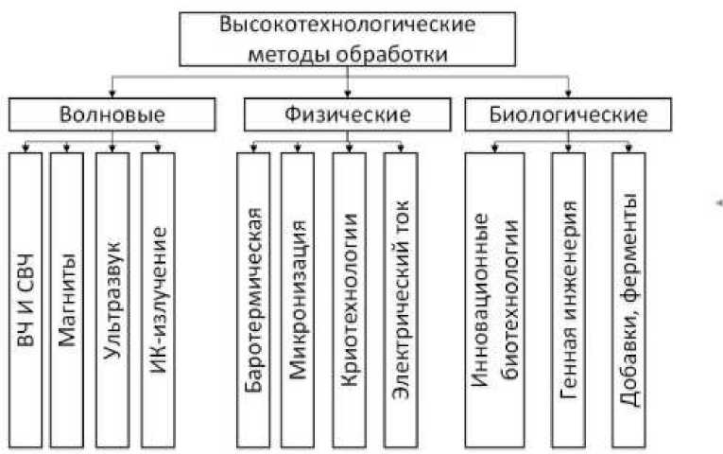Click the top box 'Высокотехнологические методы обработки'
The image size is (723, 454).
(x=350, y=38)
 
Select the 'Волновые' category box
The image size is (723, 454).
(x=112, y=115)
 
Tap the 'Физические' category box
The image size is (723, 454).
(x=349, y=115)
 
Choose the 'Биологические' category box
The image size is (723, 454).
(x=569, y=115)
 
